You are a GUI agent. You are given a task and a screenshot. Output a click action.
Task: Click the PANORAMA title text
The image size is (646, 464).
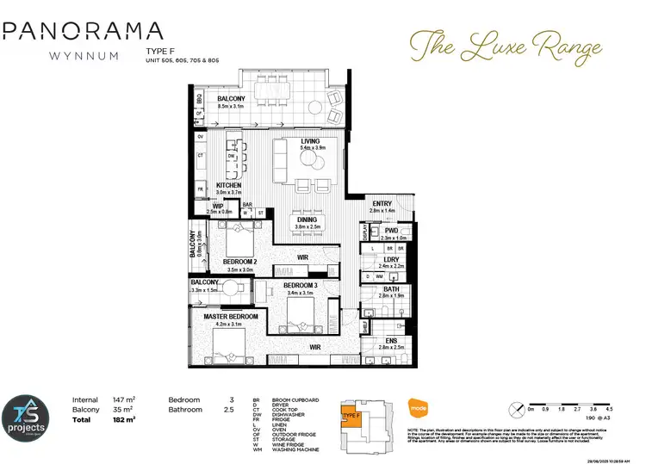tap(83, 32)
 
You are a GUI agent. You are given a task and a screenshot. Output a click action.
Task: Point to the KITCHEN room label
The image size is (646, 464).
tap(228, 186)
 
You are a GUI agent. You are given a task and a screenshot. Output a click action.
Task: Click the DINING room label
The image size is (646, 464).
tap(307, 220)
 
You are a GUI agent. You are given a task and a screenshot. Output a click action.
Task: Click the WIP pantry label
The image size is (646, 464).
tap(219, 207)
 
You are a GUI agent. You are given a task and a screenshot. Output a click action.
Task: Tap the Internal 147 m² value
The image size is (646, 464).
tap(125, 399)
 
